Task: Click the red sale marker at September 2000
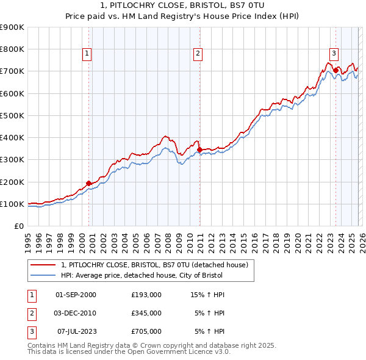coord(89,183)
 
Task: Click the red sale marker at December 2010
coord(199,149)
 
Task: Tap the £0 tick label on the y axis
coord(18,226)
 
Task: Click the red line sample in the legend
coord(43,265)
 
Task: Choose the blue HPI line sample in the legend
coord(43,275)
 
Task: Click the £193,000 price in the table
coord(146,295)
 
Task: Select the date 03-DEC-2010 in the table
coord(76,313)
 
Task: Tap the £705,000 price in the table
coord(146,331)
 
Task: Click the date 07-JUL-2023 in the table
coord(76,331)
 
